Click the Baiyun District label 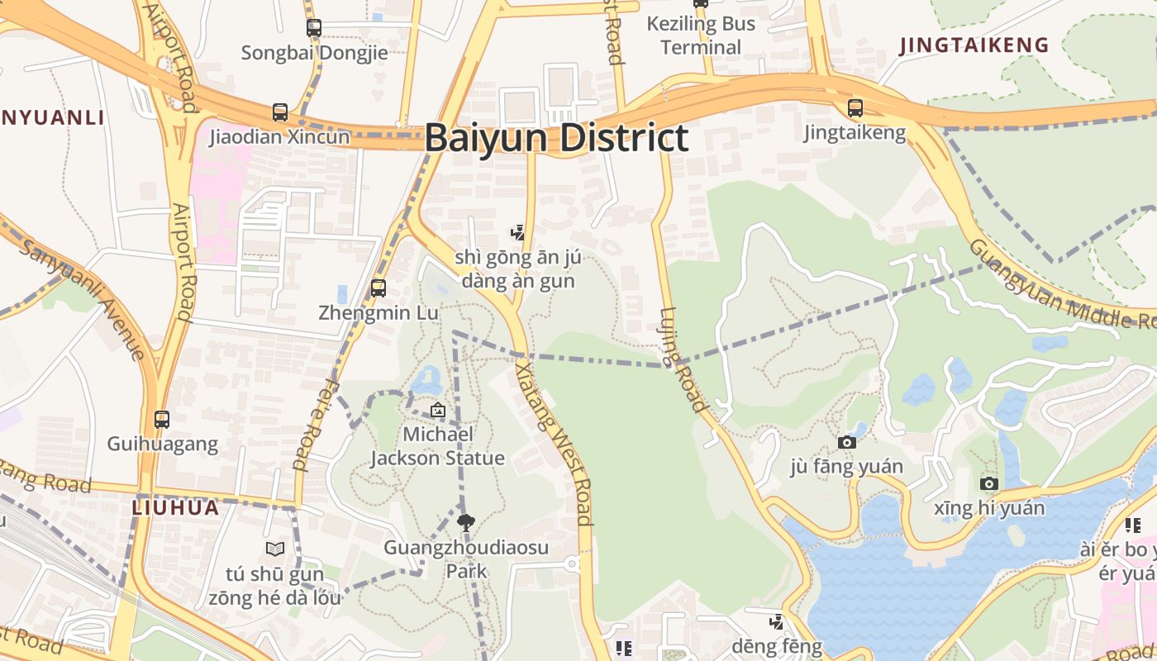[x=556, y=138]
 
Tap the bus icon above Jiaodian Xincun [x=280, y=112]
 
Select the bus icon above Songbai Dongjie [x=314, y=27]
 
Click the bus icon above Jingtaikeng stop [x=855, y=108]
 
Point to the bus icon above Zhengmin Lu [x=379, y=288]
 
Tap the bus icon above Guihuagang [x=162, y=419]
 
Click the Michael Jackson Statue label [x=437, y=446]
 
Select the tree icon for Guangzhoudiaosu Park [x=466, y=521]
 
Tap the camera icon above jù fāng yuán [x=846, y=443]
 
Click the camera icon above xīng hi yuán [x=989, y=483]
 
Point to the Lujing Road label [x=683, y=359]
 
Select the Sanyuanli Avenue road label [x=83, y=298]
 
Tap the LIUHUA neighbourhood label [x=176, y=507]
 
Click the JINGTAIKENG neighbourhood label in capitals [x=974, y=45]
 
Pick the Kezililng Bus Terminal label [x=701, y=36]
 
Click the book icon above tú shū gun [x=275, y=549]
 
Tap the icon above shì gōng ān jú [x=518, y=233]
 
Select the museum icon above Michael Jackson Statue [x=437, y=410]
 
